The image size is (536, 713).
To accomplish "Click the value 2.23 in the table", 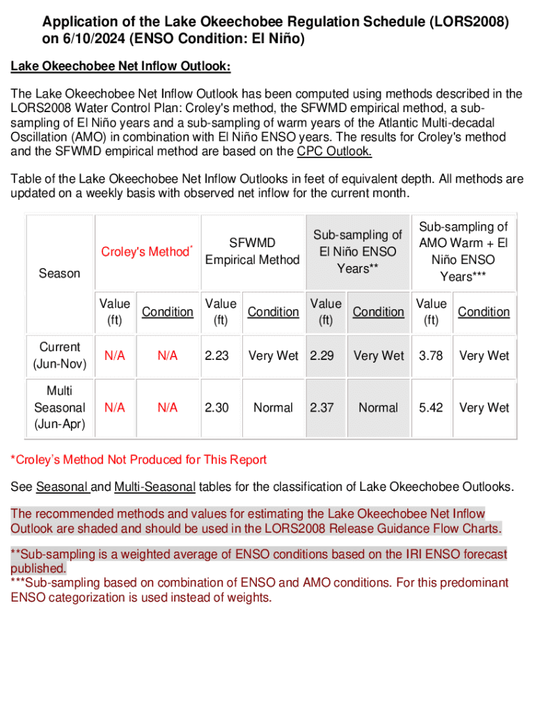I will pyautogui.click(x=216, y=355).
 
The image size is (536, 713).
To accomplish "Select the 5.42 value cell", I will pyautogui.click(x=431, y=407).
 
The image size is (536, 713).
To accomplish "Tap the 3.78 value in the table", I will pyautogui.click(x=431, y=355).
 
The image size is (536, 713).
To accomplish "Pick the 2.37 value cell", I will pyautogui.click(x=322, y=407).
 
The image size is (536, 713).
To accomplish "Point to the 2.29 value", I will pyautogui.click(x=322, y=355).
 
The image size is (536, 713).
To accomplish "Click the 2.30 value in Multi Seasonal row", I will pyautogui.click(x=216, y=407).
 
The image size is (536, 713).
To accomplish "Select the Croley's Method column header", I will pyautogui.click(x=146, y=251).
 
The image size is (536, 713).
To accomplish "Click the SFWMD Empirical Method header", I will pyautogui.click(x=252, y=251).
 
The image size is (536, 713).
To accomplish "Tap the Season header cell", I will pyautogui.click(x=59, y=273).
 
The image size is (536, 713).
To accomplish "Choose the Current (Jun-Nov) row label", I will pyautogui.click(x=59, y=355).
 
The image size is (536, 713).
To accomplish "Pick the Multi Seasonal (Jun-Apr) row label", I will pyautogui.click(x=59, y=407).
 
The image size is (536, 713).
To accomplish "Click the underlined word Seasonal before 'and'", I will pyautogui.click(x=62, y=486).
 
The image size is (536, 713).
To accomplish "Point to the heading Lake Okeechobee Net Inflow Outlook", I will pyautogui.click(x=120, y=67).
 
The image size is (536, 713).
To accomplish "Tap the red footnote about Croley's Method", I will pyautogui.click(x=139, y=460).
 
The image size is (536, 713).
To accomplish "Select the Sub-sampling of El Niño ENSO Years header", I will pyautogui.click(x=357, y=251).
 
